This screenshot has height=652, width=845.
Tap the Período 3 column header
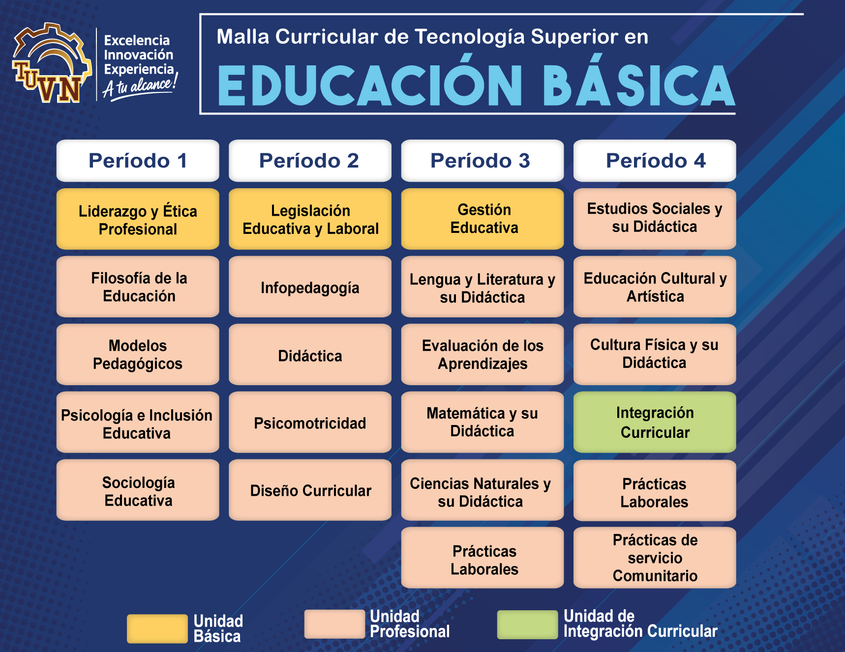tap(482, 161)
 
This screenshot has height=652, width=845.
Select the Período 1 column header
tap(138, 161)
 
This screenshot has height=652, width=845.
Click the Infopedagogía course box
tap(310, 287)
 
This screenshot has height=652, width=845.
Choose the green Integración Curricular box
tap(655, 422)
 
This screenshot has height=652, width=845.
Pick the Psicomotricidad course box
tap(310, 423)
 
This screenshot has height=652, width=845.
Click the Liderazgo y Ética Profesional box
tap(138, 219)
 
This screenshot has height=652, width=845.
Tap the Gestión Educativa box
tap(482, 219)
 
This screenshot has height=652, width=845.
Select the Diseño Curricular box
tap(310, 490)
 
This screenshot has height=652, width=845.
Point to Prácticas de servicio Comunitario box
tap(655, 558)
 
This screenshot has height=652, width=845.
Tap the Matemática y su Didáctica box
tap(482, 422)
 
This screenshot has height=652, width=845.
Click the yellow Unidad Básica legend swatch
tap(157, 628)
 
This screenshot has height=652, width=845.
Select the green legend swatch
tap(527, 624)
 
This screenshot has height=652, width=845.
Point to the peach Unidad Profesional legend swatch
tap(334, 624)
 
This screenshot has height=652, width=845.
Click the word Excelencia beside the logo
tap(137, 40)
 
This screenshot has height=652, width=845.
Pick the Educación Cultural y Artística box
tap(655, 287)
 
